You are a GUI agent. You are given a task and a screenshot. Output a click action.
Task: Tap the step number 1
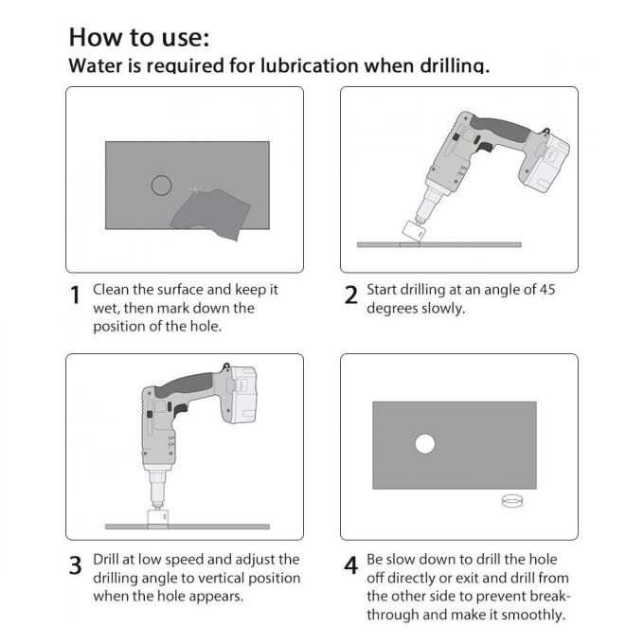pos(76,295)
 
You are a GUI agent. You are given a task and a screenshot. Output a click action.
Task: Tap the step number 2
pos(350,295)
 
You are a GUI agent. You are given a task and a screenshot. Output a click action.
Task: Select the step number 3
pos(76,566)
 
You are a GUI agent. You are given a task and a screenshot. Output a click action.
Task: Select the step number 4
pos(350,566)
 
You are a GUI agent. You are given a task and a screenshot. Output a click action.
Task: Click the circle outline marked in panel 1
pos(161,186)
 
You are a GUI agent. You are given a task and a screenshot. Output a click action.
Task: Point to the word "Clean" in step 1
pos(113,290)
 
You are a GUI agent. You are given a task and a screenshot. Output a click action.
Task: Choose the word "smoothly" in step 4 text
pos(531,615)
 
